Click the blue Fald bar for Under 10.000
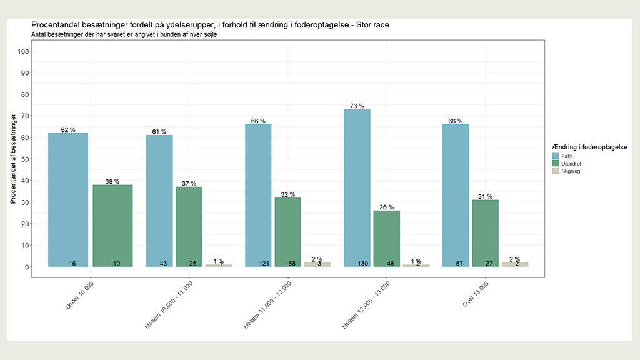coord(68,199)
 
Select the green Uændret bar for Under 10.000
coord(112,226)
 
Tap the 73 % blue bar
coord(357,187)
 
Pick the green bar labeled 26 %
coord(386,238)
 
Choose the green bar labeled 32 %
coord(288,232)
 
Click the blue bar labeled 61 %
coord(159,201)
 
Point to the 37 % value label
coord(189,183)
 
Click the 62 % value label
coord(68,129)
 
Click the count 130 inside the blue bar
coord(363,264)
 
